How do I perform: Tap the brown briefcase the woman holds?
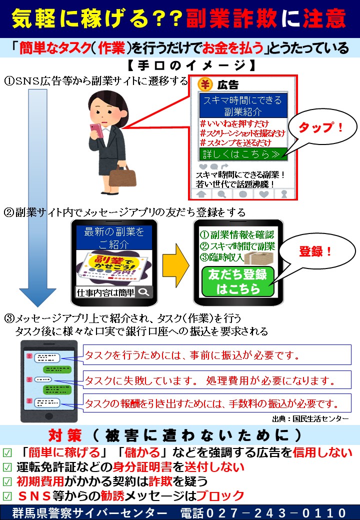pyautogui.click(x=122, y=177)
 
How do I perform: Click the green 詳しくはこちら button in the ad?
pyautogui.click(x=243, y=154)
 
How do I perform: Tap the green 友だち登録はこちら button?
pyautogui.click(x=237, y=281)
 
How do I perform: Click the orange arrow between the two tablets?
pyautogui.click(x=175, y=265)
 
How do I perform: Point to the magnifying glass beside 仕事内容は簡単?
pyautogui.click(x=144, y=292)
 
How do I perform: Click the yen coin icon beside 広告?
pyautogui.click(x=205, y=84)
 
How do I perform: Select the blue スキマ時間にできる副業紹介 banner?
pyautogui.click(x=243, y=105)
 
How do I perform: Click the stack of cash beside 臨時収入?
pyautogui.click(x=259, y=257)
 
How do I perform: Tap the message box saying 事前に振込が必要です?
pyautogui.click(x=217, y=355)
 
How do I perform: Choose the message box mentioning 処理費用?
pyautogui.click(x=217, y=379)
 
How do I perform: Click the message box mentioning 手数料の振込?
pyautogui.click(x=217, y=403)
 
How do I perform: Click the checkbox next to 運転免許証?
pyautogui.click(x=7, y=467)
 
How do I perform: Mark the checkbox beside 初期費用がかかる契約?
pyautogui.click(x=7, y=482)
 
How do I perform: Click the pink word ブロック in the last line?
pyautogui.click(x=220, y=496)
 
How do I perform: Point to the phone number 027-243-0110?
pyautogui.click(x=276, y=512)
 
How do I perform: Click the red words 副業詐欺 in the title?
pyautogui.click(x=231, y=18)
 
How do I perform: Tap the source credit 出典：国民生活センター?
pyautogui.click(x=310, y=419)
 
